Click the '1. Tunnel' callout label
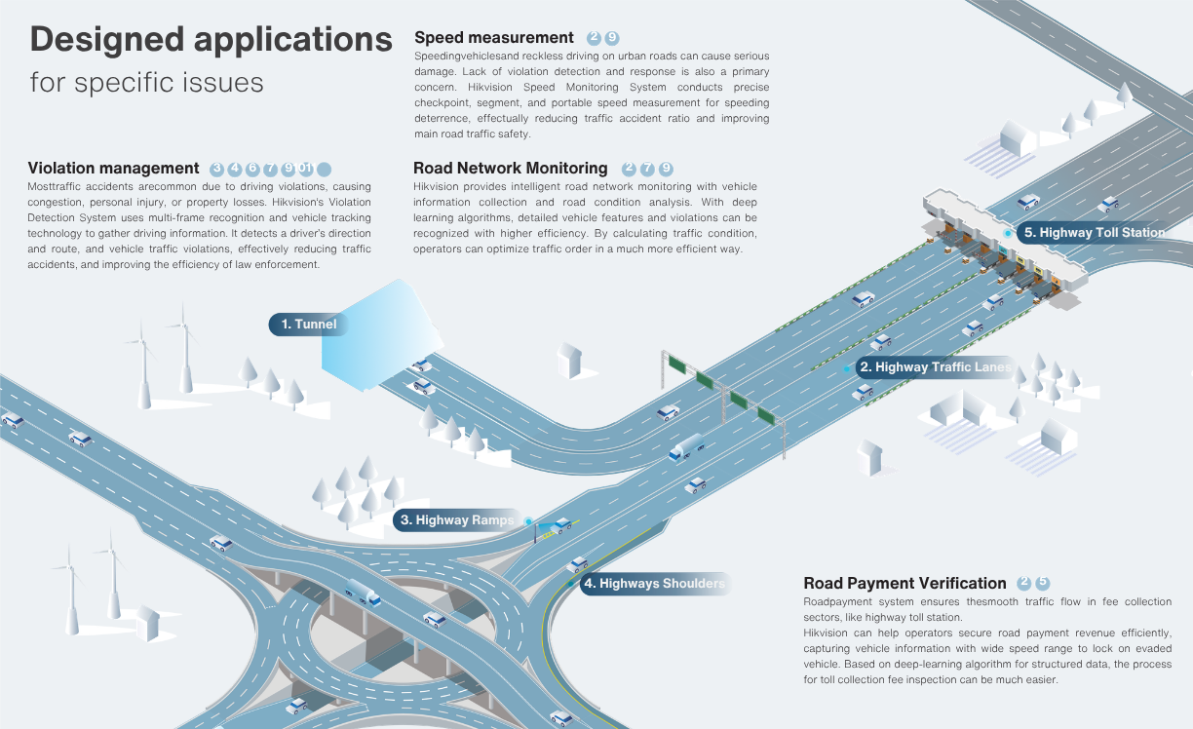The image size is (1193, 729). pos(308,325)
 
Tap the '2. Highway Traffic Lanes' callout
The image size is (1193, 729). pos(936,366)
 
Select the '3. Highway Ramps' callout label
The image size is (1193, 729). pos(457,519)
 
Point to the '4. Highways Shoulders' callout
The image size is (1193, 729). pos(655,584)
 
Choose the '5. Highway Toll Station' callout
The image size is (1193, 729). pos(1095,233)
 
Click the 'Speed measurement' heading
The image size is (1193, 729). pos(494,38)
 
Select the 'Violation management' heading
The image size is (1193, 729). pos(113,169)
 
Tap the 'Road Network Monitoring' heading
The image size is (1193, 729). pos(510,169)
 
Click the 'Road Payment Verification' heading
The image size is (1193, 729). pos(904,583)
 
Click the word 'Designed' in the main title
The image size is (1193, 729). pos(107,39)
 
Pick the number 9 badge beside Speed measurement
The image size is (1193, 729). pos(612,38)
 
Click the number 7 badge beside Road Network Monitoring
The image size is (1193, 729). pos(647,169)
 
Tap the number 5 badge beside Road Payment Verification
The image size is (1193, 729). pos(1042,583)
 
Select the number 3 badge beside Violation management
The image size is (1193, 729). pos(216,169)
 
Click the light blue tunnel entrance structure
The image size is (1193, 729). pos(382,335)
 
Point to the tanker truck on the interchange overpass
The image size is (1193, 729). pos(363,593)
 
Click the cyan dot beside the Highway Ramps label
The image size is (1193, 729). pos(528,521)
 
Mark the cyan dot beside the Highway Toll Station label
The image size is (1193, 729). pos(1008,233)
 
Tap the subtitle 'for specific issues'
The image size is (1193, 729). pos(146,83)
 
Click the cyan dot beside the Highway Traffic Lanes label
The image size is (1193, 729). pos(847,368)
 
